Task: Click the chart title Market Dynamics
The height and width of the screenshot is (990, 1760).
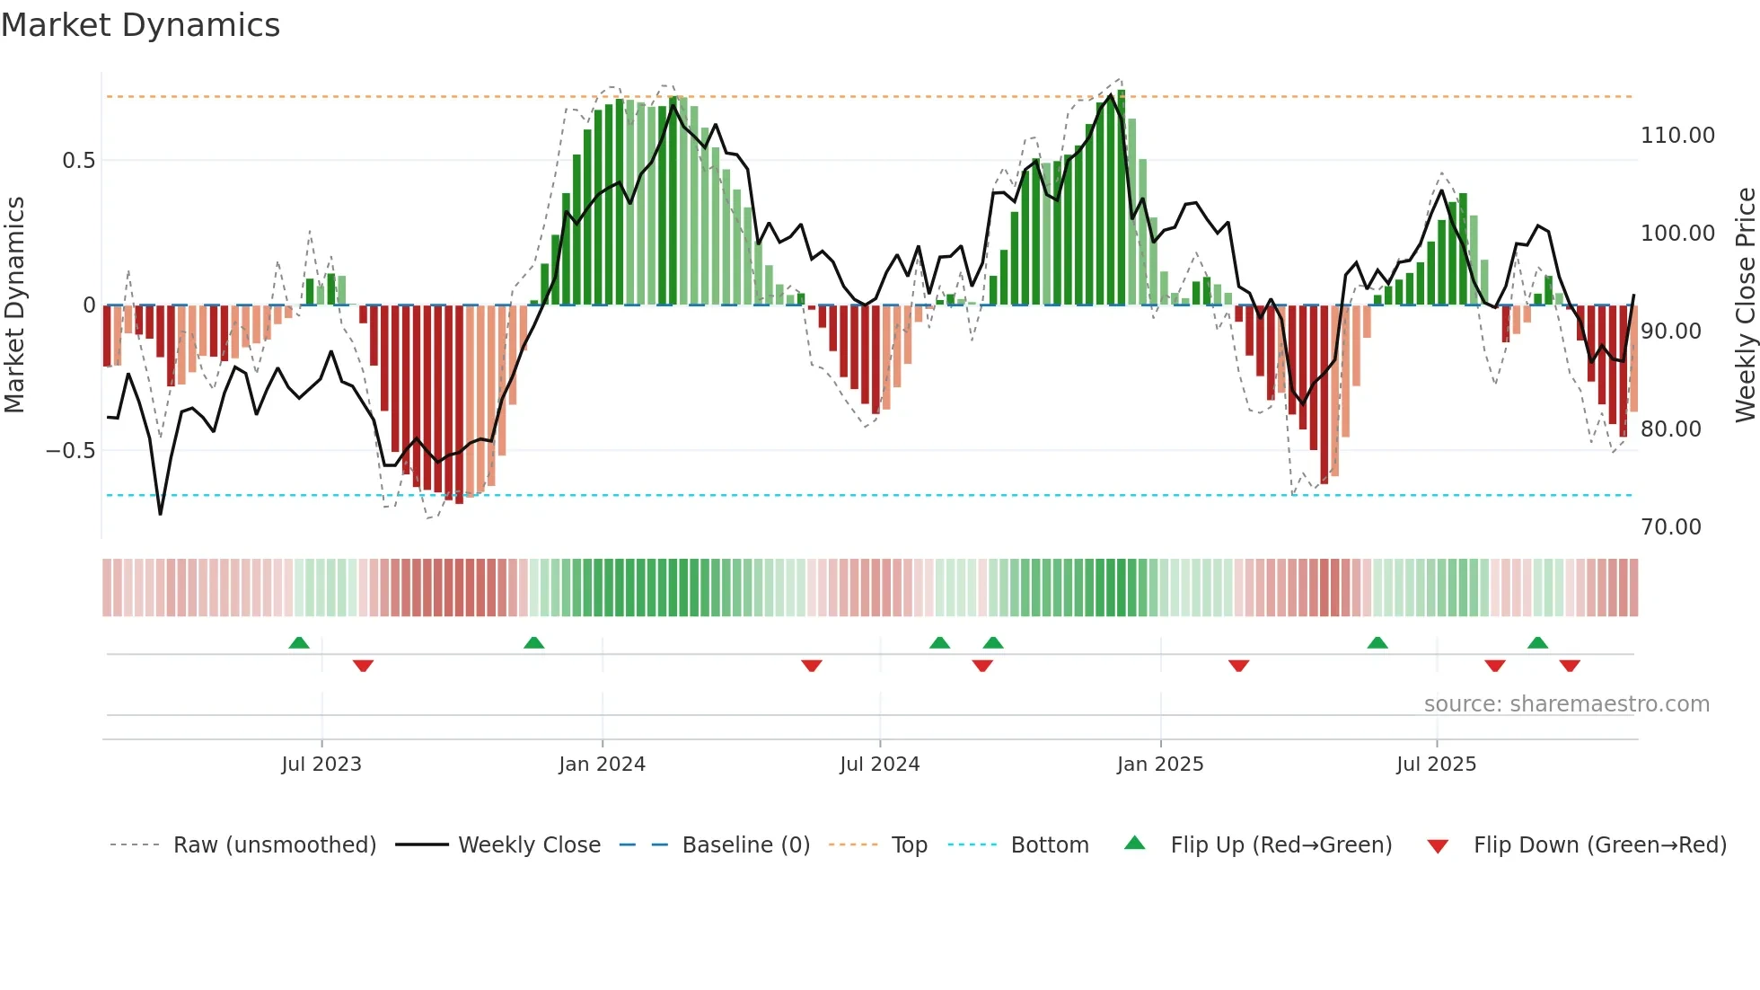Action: click(141, 25)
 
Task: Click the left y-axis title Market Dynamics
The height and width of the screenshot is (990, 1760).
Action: click(14, 305)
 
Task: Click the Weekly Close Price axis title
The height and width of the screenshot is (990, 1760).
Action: click(1745, 305)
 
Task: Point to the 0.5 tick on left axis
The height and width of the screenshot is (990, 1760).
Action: click(78, 161)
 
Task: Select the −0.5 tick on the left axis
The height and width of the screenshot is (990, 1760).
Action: click(71, 450)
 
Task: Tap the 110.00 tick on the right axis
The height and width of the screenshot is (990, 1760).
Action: click(1676, 136)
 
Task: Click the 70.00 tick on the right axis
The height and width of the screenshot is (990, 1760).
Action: click(1670, 527)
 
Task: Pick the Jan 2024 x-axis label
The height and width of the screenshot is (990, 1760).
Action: click(602, 765)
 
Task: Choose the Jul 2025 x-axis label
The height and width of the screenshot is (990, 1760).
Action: click(1436, 765)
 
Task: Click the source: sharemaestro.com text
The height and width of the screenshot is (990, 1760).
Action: click(1566, 704)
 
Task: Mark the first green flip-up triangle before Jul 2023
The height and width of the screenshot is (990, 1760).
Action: click(299, 642)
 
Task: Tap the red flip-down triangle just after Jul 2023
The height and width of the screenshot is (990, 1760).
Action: click(363, 666)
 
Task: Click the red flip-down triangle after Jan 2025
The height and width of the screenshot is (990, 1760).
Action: click(1238, 666)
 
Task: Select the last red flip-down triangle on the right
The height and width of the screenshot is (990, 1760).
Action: click(1570, 666)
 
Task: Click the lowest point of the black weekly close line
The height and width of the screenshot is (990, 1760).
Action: click(161, 514)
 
